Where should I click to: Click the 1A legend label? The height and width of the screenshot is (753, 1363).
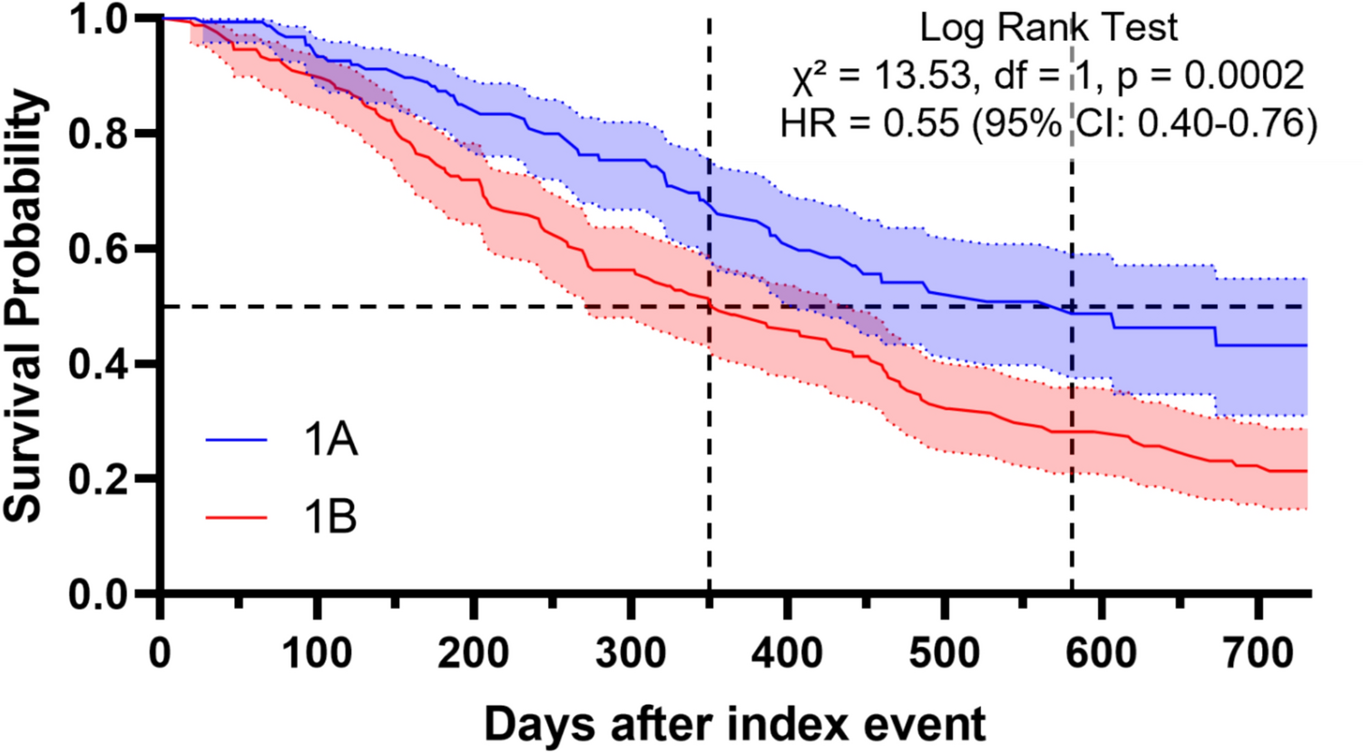pyautogui.click(x=330, y=441)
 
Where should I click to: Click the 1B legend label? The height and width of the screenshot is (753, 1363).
pyautogui.click(x=330, y=518)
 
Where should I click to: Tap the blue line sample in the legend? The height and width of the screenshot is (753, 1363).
pyautogui.click(x=237, y=441)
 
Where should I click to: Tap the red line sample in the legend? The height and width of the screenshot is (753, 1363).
pyautogui.click(x=237, y=518)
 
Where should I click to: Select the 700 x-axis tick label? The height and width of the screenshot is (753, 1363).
pyautogui.click(x=1258, y=653)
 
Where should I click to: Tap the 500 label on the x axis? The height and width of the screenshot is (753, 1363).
pyautogui.click(x=944, y=653)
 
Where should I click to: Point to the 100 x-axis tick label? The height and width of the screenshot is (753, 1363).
pyautogui.click(x=317, y=653)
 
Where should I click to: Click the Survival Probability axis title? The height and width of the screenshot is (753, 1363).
pyautogui.click(x=25, y=306)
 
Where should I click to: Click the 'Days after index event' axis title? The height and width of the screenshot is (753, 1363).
pyautogui.click(x=734, y=725)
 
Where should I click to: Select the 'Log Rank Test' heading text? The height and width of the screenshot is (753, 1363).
pyautogui.click(x=1048, y=27)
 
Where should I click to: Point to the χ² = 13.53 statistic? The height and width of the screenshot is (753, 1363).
pyautogui.click(x=875, y=75)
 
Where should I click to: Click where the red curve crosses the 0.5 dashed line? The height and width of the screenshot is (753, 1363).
pyautogui.click(x=710, y=308)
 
